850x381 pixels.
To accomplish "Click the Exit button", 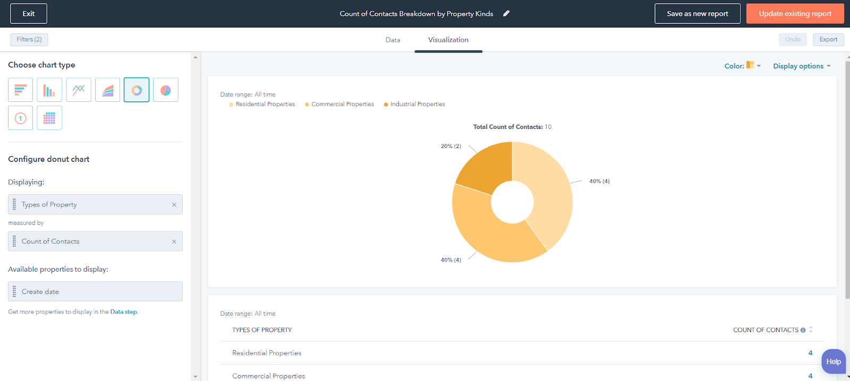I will [x=29, y=14].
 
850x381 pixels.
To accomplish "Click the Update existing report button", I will [x=795, y=14].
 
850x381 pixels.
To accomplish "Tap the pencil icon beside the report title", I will [x=506, y=14].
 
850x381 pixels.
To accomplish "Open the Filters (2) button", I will [x=29, y=39].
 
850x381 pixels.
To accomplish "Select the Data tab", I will [x=393, y=40].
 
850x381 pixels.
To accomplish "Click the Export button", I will [x=828, y=39].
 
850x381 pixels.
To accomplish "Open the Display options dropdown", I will [x=802, y=66].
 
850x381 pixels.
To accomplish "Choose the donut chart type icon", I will [x=137, y=90].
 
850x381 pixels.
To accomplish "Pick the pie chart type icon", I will [x=166, y=90].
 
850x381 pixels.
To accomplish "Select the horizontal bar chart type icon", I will [x=21, y=90].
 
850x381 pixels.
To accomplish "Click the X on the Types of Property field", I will [x=174, y=205].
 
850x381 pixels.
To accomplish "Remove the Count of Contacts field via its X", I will [x=174, y=241].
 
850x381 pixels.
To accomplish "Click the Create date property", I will [x=40, y=292].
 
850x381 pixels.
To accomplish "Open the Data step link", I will [x=123, y=312].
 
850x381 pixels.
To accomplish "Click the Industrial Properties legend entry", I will [x=417, y=105].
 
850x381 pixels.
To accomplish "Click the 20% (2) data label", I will [x=450, y=146].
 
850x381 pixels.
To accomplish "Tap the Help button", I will [x=833, y=361].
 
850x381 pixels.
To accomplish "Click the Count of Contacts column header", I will [x=766, y=330].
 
